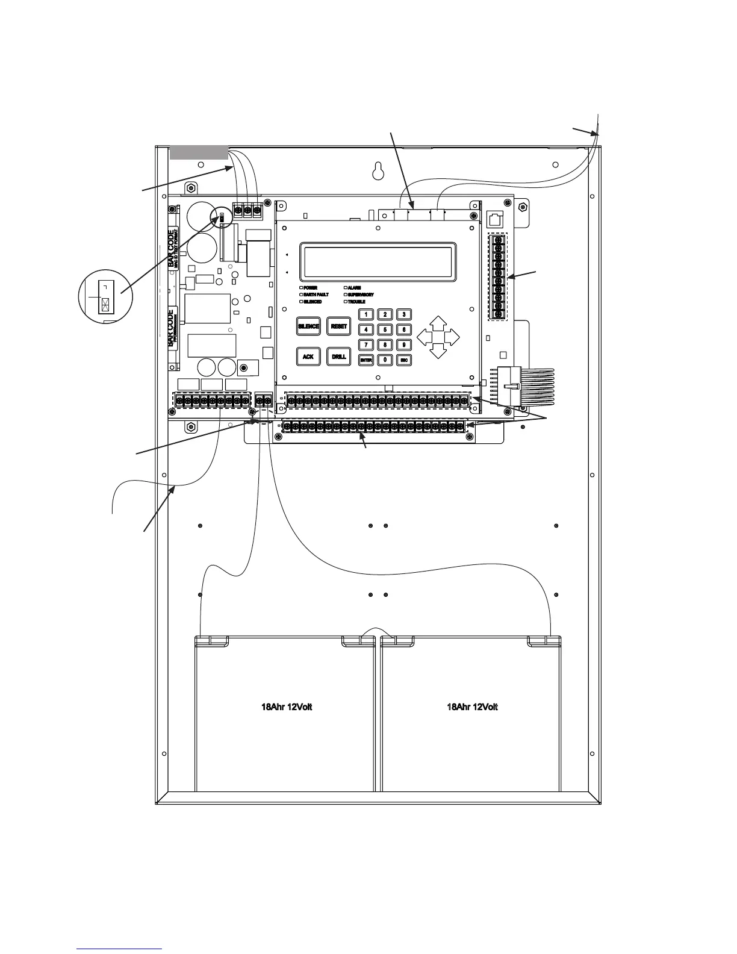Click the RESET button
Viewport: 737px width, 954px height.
coord(339,326)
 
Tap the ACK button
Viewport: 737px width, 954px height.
coord(308,357)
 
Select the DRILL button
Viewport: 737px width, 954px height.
coord(339,357)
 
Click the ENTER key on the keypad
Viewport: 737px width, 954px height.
coord(366,360)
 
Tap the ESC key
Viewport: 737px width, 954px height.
coord(403,360)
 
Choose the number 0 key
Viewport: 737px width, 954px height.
coord(385,360)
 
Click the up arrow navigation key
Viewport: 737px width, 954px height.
coord(438,322)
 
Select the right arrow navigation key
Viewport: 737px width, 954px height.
coord(452,337)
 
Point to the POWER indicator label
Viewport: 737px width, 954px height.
coord(310,288)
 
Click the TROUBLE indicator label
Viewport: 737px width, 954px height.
coord(356,301)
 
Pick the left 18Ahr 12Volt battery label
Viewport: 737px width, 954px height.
coord(287,707)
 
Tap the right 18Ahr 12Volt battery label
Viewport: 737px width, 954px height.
coord(472,707)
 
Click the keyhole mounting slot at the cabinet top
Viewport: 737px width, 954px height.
coord(378,170)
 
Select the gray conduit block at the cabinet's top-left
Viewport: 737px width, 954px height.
coord(199,152)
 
